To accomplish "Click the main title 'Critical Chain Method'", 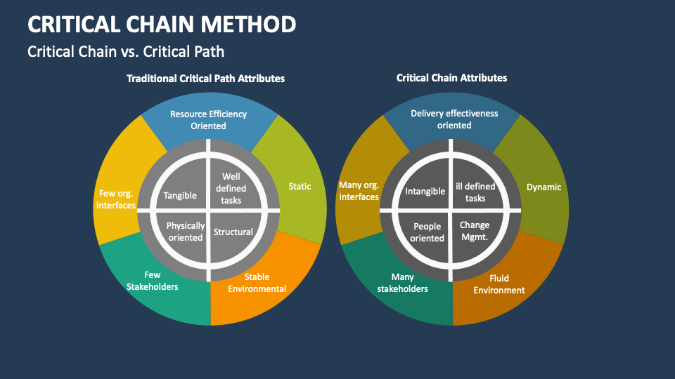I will (162, 24).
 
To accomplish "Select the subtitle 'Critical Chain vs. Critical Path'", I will (126, 51).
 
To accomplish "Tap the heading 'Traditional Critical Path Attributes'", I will (205, 79).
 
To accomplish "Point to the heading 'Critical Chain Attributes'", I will (451, 78).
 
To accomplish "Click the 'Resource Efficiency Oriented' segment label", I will (208, 120).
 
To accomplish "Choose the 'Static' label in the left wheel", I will (300, 186).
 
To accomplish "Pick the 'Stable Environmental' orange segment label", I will (257, 283).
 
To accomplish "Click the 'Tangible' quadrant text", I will (180, 196).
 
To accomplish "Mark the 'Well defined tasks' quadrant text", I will (231, 189).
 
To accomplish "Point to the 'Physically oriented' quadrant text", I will (186, 232).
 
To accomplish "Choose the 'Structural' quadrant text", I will (233, 232).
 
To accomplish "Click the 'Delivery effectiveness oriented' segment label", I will (454, 119).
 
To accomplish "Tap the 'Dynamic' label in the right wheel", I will (544, 187).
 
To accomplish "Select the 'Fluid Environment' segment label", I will (499, 284).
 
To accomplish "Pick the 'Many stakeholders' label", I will (402, 283).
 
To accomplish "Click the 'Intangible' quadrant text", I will (425, 191).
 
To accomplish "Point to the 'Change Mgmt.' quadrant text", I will (475, 231).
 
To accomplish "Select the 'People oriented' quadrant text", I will (427, 232).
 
